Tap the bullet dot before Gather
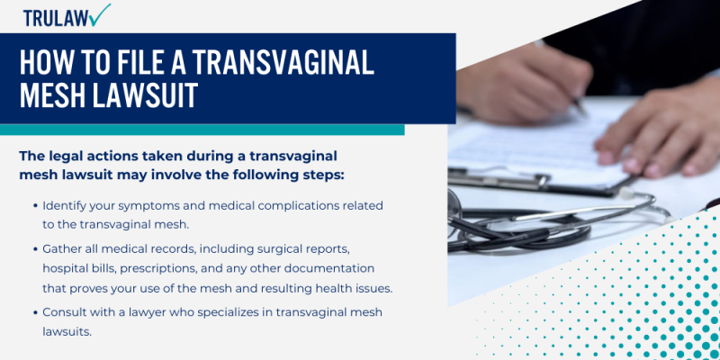pos(34,248)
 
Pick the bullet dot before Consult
pos(34,312)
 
